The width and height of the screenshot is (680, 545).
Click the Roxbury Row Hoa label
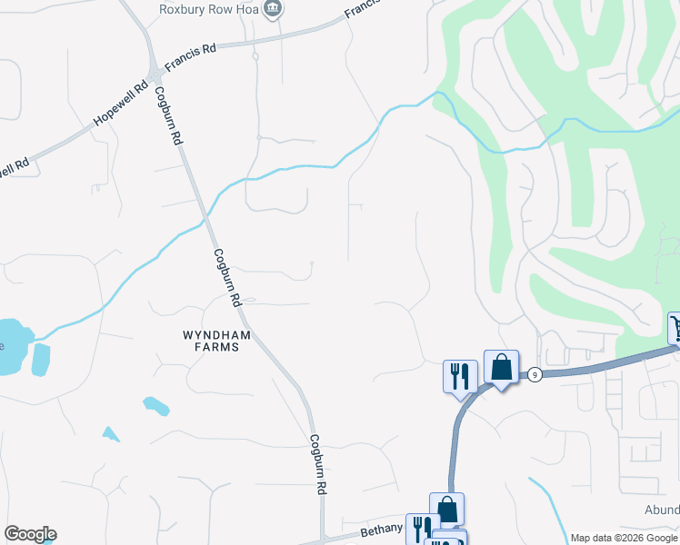click(209, 9)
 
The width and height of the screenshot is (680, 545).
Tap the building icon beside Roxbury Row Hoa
click(272, 9)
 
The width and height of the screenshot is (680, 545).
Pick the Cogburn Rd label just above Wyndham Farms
click(225, 277)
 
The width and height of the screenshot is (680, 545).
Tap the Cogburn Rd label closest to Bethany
click(317, 463)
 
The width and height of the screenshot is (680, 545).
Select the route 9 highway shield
click(535, 374)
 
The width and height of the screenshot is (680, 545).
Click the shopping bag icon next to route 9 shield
click(501, 367)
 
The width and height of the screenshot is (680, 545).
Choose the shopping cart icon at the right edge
click(675, 327)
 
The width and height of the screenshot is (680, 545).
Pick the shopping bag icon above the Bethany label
click(446, 509)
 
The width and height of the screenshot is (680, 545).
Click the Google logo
click(30, 534)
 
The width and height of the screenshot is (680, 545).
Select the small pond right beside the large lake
click(41, 360)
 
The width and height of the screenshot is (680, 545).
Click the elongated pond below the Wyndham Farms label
click(155, 405)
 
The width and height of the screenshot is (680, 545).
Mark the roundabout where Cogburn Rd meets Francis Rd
click(156, 73)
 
